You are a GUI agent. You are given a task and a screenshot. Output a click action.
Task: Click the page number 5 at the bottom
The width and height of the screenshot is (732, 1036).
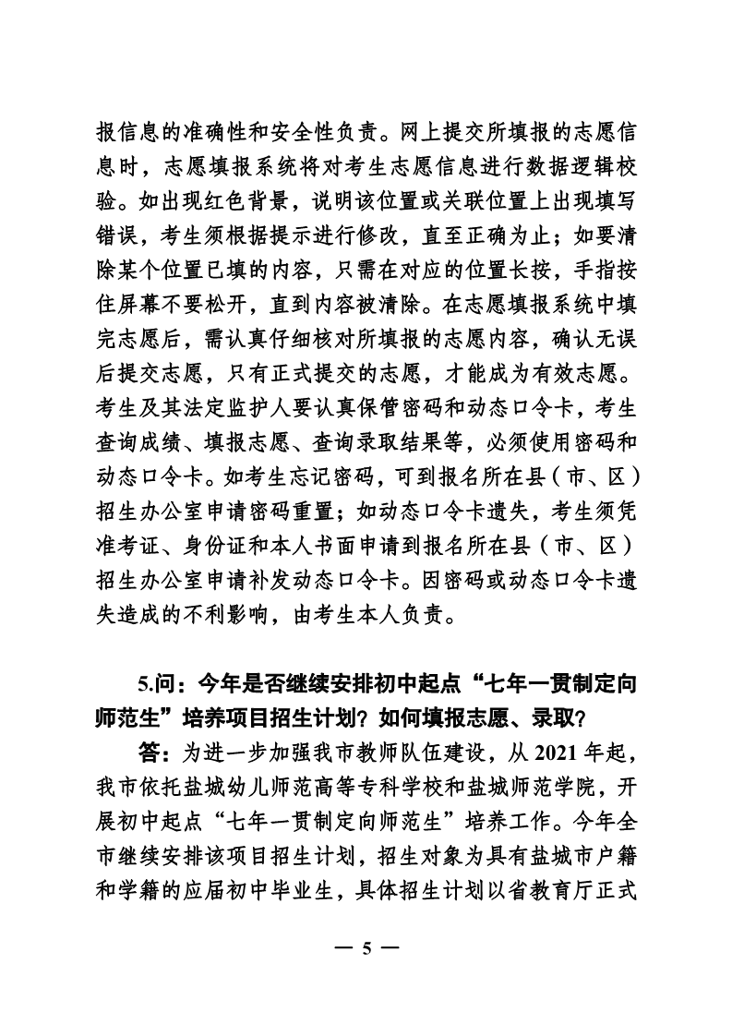coord(366,948)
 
